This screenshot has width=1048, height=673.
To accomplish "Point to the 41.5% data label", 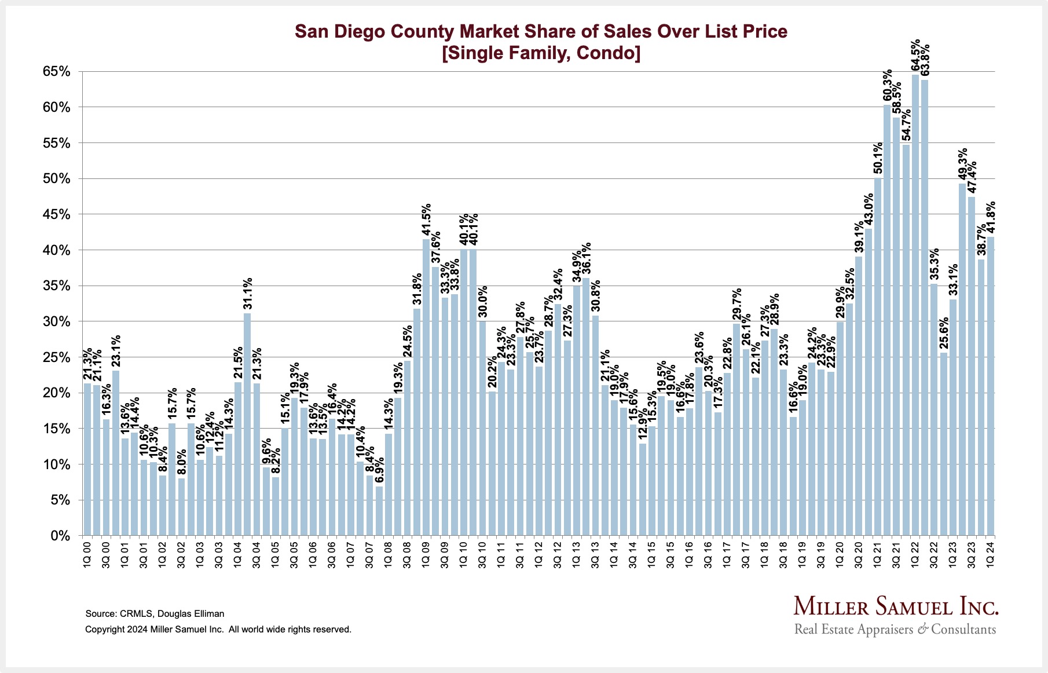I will tap(426, 221).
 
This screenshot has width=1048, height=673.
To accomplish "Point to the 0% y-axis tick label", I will tap(60, 536).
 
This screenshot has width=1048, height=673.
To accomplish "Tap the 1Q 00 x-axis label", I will tap(87, 555).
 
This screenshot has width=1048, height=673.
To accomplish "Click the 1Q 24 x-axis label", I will tap(991, 555).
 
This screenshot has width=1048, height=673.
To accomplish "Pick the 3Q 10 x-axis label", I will tap(482, 555).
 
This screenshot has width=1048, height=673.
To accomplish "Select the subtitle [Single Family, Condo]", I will tap(541, 53).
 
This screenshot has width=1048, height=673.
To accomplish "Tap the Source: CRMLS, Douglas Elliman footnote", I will tap(155, 613).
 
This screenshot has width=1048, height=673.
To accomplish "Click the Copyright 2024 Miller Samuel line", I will tap(218, 629).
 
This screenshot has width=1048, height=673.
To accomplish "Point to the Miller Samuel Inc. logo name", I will tap(896, 606).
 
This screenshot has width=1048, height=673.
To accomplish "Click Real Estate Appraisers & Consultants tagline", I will tap(895, 630).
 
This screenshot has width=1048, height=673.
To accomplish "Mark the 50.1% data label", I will tap(878, 158).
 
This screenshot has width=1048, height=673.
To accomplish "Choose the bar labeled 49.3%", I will tap(962, 359).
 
